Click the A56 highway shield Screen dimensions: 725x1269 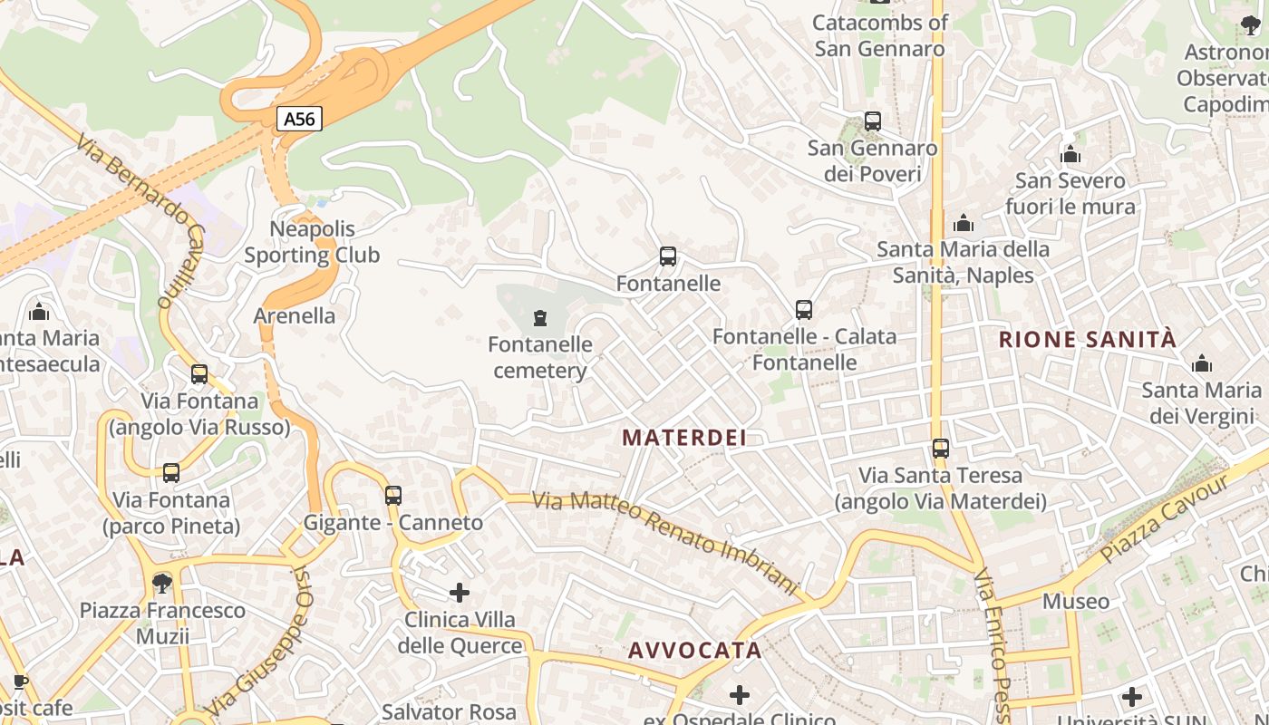(299, 119)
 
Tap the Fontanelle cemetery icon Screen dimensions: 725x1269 (540, 317)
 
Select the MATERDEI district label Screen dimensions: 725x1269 (684, 438)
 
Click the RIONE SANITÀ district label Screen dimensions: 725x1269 (1087, 340)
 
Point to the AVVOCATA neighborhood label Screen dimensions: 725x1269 (695, 650)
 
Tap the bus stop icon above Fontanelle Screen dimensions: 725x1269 (668, 256)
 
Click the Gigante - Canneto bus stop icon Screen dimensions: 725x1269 (392, 496)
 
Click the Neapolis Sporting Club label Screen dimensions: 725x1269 (312, 242)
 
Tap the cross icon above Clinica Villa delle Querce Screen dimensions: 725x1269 (460, 593)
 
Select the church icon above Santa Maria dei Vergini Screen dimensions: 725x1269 (1202, 364)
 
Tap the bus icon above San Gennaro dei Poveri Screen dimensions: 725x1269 (873, 121)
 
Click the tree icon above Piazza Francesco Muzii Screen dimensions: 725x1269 (162, 582)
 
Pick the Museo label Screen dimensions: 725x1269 (1075, 601)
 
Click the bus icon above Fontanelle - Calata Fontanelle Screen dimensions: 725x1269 (804, 310)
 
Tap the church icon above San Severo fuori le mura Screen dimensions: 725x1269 (1070, 154)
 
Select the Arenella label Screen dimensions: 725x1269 (295, 316)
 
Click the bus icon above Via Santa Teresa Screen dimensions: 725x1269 (941, 448)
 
